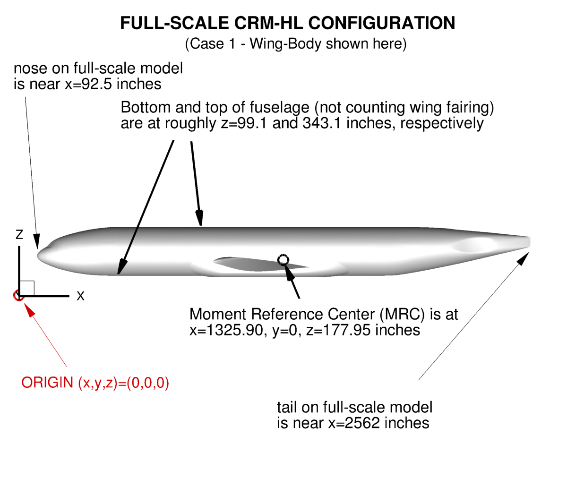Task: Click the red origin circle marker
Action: click(x=18, y=295)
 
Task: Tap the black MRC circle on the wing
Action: click(x=283, y=260)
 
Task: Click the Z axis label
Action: click(x=19, y=234)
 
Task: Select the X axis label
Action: click(x=80, y=296)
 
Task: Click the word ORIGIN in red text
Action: click(x=47, y=383)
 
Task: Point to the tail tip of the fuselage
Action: click(x=530, y=241)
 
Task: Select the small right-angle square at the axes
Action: click(x=27, y=288)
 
